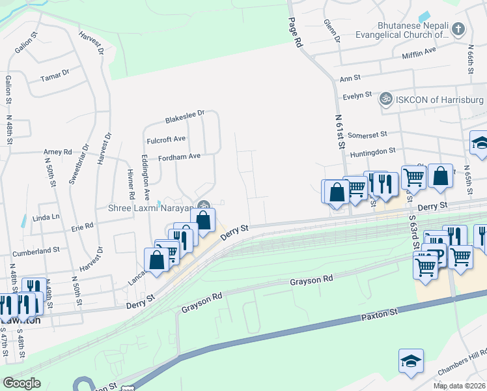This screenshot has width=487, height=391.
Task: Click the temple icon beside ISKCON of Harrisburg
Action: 386,99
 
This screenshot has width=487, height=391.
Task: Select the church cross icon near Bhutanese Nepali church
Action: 459,29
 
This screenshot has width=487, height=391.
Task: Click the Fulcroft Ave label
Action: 166,138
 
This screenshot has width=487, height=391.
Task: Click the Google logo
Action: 21,383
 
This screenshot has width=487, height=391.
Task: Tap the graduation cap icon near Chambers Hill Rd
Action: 411,360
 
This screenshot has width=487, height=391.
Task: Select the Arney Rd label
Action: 57,152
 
